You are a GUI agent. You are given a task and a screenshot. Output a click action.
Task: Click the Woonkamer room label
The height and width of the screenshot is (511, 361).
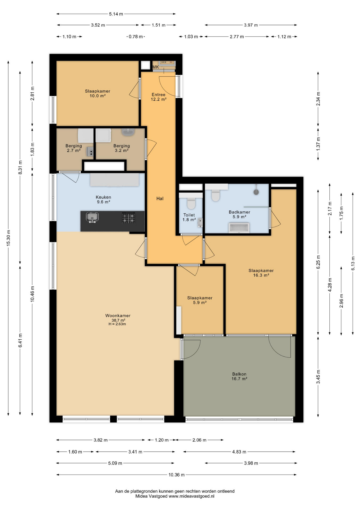[118, 316]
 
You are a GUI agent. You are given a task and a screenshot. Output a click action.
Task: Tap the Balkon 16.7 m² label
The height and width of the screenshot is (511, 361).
[239, 376]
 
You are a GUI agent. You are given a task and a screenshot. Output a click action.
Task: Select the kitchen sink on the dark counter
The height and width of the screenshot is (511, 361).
[92, 217]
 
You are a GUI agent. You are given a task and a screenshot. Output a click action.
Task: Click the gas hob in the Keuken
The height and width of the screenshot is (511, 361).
[128, 218]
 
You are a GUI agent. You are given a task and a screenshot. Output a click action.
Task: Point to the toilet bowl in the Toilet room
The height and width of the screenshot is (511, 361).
[191, 203]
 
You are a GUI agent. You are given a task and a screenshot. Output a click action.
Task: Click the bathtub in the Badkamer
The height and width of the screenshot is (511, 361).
[239, 228]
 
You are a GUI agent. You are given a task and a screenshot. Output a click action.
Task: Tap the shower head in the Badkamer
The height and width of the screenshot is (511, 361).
[256, 192]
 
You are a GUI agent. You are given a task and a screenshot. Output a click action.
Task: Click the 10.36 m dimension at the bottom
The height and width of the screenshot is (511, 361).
[177, 475]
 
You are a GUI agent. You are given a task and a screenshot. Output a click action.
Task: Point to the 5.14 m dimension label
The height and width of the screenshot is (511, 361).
[116, 14]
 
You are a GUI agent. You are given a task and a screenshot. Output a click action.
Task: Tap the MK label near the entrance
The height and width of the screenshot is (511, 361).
[156, 67]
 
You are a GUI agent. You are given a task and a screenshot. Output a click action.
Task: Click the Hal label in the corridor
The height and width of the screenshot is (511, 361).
[160, 199]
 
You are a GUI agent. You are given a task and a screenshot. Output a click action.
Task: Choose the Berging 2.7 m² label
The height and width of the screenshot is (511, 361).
[74, 148]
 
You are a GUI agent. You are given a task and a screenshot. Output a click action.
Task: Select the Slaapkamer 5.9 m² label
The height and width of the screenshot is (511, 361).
[200, 300]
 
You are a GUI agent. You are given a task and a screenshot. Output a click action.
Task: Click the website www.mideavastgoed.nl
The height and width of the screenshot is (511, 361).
[191, 496]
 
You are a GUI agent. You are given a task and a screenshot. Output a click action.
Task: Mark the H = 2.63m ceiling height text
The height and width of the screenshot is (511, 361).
[117, 324]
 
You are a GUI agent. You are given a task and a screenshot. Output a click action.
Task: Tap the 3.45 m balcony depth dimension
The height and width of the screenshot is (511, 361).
[318, 377]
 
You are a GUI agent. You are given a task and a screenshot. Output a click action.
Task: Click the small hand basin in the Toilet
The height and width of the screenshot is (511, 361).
[200, 222]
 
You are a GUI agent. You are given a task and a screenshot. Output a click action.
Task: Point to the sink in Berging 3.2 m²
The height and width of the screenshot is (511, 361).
[128, 132]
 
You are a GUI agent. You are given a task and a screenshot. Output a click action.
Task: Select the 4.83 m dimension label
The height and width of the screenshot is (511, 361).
[239, 452]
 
